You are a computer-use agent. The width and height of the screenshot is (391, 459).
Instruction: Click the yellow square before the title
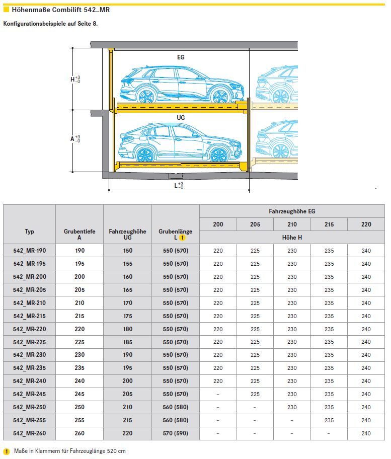coord(7,9)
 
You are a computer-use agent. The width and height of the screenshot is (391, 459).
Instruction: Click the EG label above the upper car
coord(181,57)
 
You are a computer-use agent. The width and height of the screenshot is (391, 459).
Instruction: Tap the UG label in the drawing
coord(181,118)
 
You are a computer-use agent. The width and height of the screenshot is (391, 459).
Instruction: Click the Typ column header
coord(30,232)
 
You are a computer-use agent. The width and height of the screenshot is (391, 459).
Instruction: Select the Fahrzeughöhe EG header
coord(291,211)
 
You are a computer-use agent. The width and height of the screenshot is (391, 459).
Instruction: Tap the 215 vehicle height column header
coord(329,224)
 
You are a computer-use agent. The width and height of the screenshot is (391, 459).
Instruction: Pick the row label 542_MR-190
coord(30,251)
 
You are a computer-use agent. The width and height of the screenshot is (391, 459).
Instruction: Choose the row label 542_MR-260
coord(30,433)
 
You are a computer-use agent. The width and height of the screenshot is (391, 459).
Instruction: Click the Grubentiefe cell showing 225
coord(80,342)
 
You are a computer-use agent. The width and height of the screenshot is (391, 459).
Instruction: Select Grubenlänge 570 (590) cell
coord(175,433)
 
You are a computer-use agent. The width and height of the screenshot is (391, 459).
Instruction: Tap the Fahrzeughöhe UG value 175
coord(127,316)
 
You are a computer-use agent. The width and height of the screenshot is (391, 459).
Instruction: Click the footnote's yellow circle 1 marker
coord(7,451)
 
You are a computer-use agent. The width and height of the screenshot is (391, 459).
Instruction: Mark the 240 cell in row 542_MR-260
coord(366,433)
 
